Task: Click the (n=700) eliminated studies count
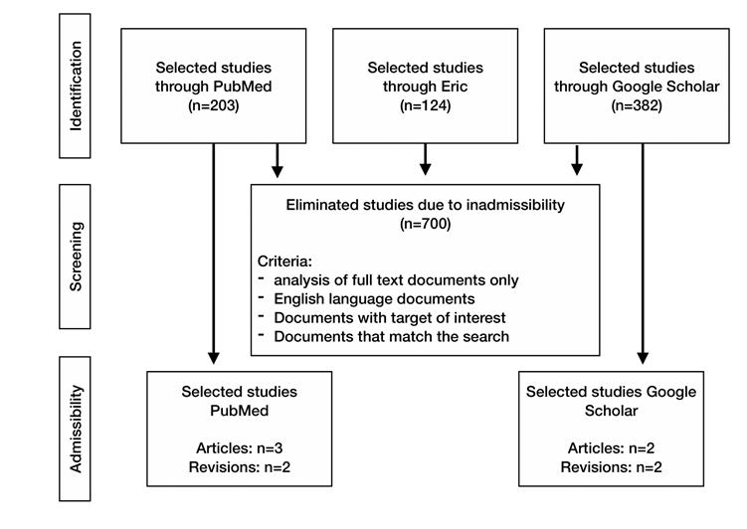[425, 225]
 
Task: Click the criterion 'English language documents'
[375, 298]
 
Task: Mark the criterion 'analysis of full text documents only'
[396, 280]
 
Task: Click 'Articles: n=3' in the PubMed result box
[240, 447]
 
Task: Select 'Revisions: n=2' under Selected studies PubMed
[240, 466]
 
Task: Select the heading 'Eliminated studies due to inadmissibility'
[425, 206]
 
